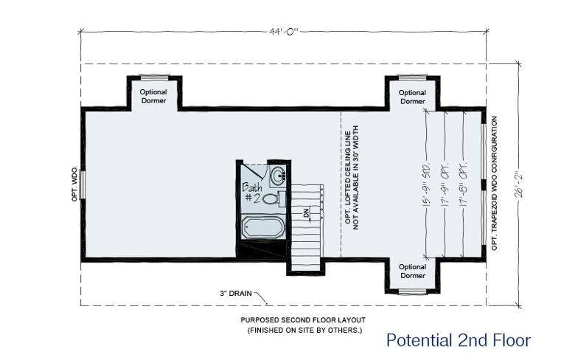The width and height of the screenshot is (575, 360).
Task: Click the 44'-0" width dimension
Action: [284, 32]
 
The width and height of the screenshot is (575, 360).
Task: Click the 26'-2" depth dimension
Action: [519, 185]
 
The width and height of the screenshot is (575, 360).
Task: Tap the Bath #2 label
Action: [252, 193]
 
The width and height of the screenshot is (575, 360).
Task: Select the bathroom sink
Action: [279, 175]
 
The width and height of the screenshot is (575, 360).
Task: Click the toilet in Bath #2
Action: [274, 199]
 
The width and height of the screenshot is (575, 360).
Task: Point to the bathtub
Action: [263, 227]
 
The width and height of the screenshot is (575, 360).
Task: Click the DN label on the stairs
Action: [306, 212]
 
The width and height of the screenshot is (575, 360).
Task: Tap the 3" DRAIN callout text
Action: [236, 293]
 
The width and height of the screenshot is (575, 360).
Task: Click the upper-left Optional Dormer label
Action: [153, 96]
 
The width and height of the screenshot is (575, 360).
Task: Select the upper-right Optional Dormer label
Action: [412, 97]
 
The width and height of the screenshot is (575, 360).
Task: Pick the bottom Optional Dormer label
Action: [412, 271]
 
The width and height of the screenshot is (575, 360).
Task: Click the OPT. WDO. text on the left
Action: [74, 184]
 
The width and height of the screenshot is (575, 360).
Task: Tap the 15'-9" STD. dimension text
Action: [427, 184]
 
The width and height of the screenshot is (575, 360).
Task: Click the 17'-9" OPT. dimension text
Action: [446, 184]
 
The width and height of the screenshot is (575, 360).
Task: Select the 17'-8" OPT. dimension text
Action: [464, 184]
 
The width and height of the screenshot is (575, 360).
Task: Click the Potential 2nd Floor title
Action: [459, 340]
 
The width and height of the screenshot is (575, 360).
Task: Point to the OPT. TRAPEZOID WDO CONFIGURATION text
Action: [495, 184]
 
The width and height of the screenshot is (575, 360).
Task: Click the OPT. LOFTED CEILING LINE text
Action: [347, 178]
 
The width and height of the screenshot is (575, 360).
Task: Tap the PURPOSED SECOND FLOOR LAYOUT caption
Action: [303, 320]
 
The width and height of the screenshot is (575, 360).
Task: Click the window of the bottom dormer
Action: [413, 292]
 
